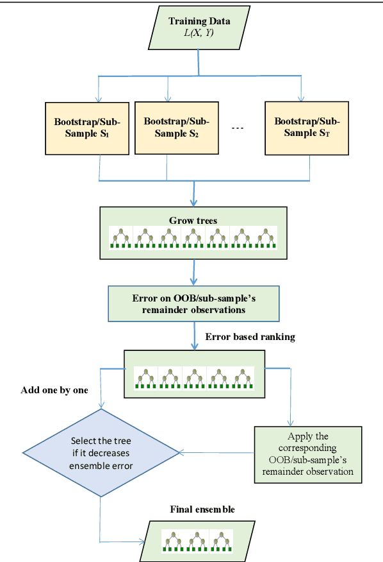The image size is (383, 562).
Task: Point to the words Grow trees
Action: tap(193, 221)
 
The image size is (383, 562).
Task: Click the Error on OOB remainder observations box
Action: tap(193, 302)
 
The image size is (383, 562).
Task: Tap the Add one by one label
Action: tap(54, 390)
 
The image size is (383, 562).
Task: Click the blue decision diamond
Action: tap(101, 453)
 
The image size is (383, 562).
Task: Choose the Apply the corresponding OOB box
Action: tap(305, 455)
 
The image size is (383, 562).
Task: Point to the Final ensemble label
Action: tap(202, 509)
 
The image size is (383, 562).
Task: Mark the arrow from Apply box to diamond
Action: tap(218, 453)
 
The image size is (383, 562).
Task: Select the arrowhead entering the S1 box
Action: tap(98, 99)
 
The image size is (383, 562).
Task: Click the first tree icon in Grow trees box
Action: tap(120, 238)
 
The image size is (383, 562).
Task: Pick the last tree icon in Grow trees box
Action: tap(265, 238)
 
